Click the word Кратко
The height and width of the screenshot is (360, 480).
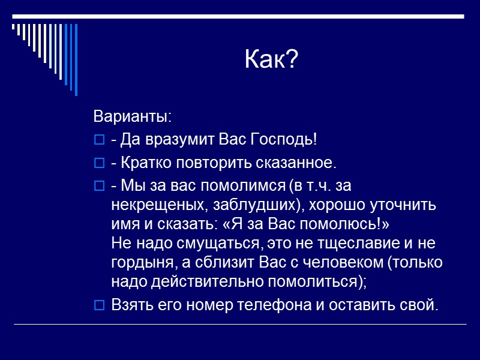coord(142,163)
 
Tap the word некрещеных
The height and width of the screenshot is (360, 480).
coord(158,205)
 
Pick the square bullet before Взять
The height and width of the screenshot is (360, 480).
coord(100,305)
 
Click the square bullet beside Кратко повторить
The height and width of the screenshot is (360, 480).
coord(100,163)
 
